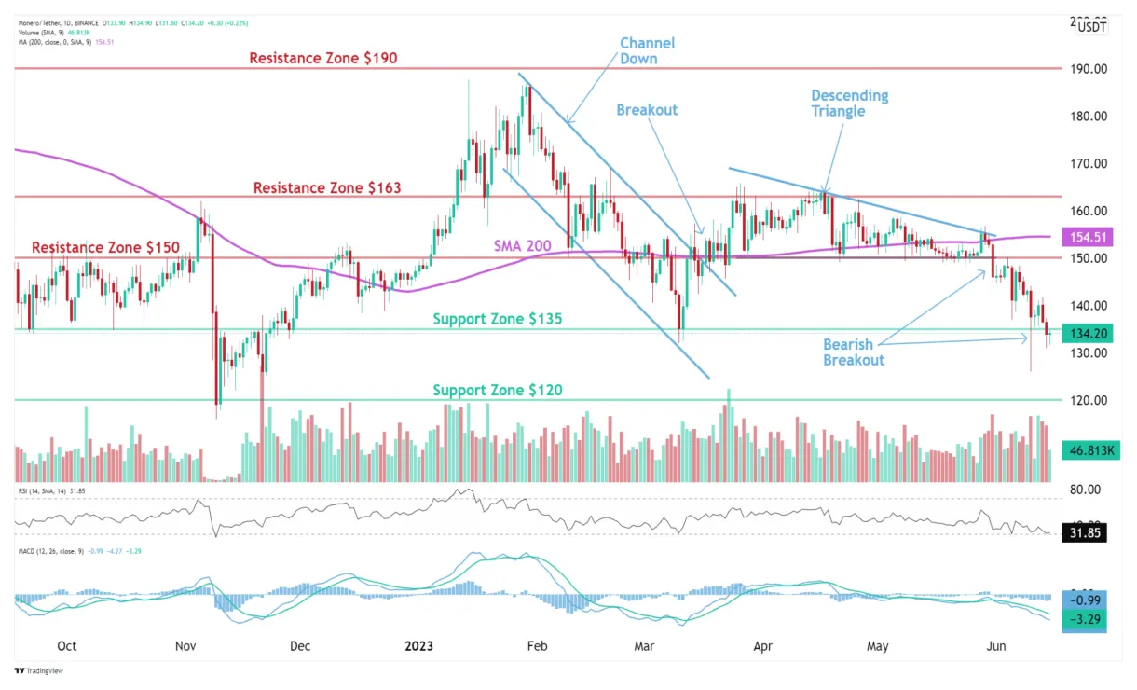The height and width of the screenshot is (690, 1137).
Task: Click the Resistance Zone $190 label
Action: [x=323, y=58]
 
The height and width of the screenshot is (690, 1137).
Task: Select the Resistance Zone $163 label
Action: [x=327, y=187]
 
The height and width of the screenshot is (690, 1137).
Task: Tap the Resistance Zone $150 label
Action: [x=104, y=247]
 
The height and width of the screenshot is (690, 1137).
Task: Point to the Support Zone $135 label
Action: [x=499, y=319]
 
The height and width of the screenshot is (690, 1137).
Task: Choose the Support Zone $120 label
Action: [x=498, y=390]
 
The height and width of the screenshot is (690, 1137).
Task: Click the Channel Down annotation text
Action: [x=647, y=50]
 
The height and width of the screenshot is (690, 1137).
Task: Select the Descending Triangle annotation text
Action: [x=849, y=103]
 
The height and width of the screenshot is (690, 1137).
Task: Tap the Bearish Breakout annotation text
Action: [x=853, y=352]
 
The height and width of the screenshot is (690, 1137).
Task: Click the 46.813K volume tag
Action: [x=1081, y=450]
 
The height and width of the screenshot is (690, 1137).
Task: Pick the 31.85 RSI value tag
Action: [x=1081, y=534]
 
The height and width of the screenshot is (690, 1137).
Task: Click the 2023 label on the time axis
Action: [x=416, y=645]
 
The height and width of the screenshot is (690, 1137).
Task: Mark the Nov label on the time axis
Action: [x=185, y=645]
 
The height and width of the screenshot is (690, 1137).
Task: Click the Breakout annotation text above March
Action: [x=647, y=109]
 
